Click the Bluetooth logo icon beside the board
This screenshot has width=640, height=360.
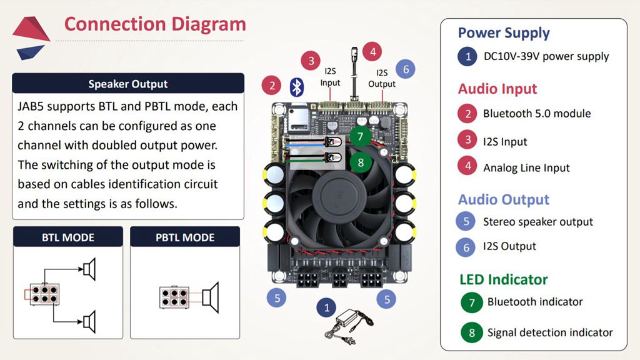click(x=296, y=86)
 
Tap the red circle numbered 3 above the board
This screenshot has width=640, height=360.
click(x=311, y=61)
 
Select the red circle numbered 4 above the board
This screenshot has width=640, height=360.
click(x=372, y=51)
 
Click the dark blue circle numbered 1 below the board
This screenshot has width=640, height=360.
click(x=326, y=307)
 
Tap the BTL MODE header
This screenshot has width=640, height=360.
click(x=67, y=237)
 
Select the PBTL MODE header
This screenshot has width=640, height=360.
click(x=184, y=237)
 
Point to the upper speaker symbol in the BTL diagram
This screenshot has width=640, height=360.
click(x=90, y=269)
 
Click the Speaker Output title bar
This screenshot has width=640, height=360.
click(x=128, y=84)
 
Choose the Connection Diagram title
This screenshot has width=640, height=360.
click(x=155, y=24)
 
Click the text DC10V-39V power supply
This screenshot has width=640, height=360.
click(x=546, y=56)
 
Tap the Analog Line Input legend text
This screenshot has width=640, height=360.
click(x=526, y=167)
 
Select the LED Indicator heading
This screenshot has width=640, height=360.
click(x=503, y=279)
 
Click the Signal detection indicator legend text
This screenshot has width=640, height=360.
click(x=550, y=332)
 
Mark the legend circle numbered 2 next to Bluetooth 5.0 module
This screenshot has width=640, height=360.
click(x=467, y=114)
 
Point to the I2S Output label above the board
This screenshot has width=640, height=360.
click(x=382, y=79)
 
